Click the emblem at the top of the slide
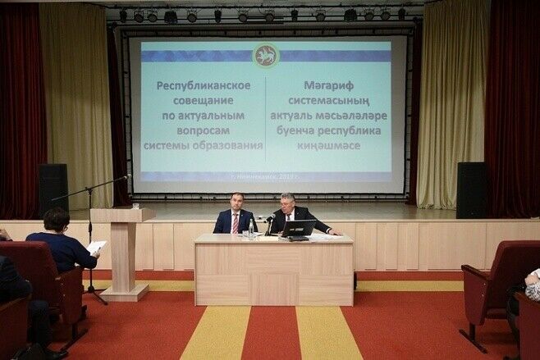click(x=266, y=56)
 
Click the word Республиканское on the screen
click(x=203, y=85)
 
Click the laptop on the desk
click(x=299, y=228)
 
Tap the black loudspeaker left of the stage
click(x=53, y=190)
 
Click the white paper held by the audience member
click(x=97, y=246)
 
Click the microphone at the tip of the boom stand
click(x=126, y=176)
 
